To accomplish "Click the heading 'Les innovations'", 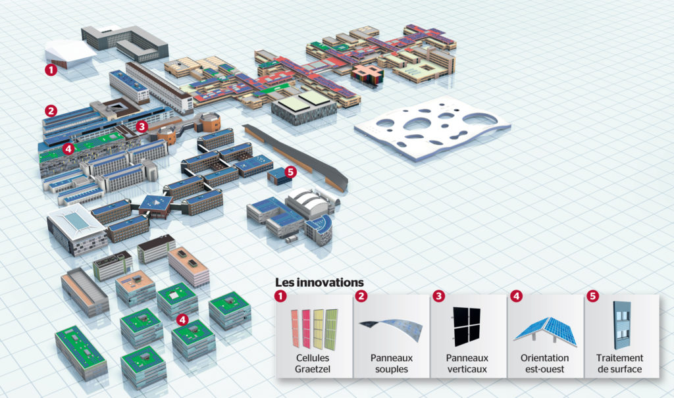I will click(319, 282).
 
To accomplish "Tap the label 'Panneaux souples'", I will click(391, 364).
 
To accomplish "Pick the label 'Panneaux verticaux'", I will click(468, 364).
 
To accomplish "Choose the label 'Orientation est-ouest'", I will click(545, 364).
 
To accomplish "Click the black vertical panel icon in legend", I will click(467, 327).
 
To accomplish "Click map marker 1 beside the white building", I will click(50, 68).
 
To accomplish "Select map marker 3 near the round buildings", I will click(142, 126).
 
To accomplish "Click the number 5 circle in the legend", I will click(592, 297).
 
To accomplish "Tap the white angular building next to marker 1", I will click(71, 52).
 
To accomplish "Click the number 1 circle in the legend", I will click(282, 297).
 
